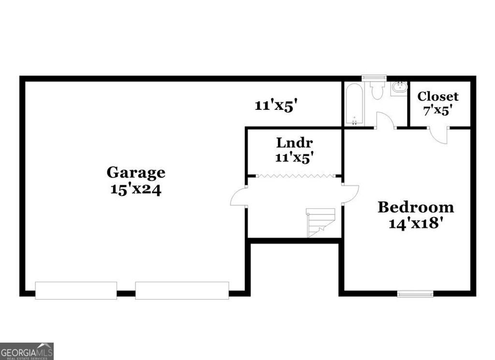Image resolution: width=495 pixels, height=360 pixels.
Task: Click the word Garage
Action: [x=136, y=172]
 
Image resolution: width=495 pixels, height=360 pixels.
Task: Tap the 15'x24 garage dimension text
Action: [x=136, y=189]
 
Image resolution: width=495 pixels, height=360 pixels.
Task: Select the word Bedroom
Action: [x=416, y=208]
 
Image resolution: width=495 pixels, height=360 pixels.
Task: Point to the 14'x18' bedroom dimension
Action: [x=416, y=224]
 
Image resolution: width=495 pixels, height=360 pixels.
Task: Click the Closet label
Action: [x=438, y=96]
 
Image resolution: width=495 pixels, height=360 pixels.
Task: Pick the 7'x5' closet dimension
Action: [x=438, y=110]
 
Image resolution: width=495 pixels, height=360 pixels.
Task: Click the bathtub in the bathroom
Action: [x=354, y=105]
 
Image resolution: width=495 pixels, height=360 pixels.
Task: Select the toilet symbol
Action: [x=377, y=90]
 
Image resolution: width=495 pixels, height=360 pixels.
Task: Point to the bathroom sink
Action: [x=399, y=89]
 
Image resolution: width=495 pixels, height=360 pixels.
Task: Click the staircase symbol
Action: [x=320, y=223]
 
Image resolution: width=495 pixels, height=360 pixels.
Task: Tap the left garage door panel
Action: [x=76, y=290]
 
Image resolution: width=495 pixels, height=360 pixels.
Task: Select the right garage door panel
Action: [x=182, y=290]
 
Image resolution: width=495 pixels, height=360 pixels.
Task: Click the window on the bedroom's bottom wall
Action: [x=415, y=293]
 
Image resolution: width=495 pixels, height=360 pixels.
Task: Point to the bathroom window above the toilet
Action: [x=374, y=77]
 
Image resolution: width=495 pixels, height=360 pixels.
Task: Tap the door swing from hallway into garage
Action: [x=239, y=197]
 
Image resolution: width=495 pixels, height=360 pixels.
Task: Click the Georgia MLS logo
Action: [x=27, y=351]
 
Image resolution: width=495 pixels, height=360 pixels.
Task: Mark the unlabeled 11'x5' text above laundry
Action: [x=275, y=106]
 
